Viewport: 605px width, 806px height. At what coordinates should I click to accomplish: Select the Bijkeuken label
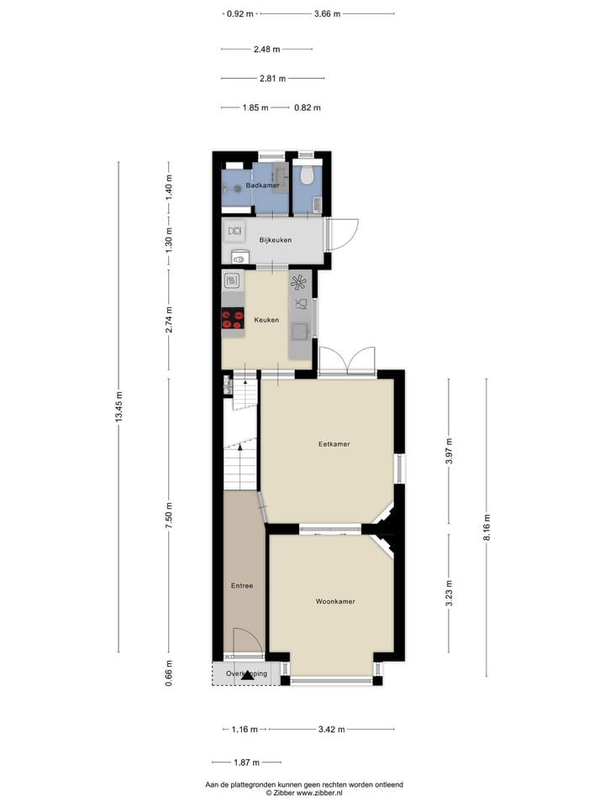click(x=275, y=241)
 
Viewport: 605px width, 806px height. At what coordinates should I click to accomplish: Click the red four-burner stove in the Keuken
click(x=232, y=319)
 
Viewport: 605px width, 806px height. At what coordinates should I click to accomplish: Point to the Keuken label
click(x=266, y=320)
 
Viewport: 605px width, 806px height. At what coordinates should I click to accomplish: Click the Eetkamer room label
click(x=334, y=444)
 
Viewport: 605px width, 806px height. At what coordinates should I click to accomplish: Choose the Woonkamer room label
click(x=335, y=602)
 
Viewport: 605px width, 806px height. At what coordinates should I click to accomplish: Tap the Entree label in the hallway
click(x=242, y=586)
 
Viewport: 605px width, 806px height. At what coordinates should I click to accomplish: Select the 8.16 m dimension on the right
click(x=487, y=529)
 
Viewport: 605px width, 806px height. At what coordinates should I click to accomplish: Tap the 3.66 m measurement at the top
click(x=327, y=13)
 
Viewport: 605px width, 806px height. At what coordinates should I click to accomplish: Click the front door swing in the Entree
click(x=245, y=640)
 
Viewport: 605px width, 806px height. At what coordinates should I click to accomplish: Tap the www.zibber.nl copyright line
click(x=303, y=793)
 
